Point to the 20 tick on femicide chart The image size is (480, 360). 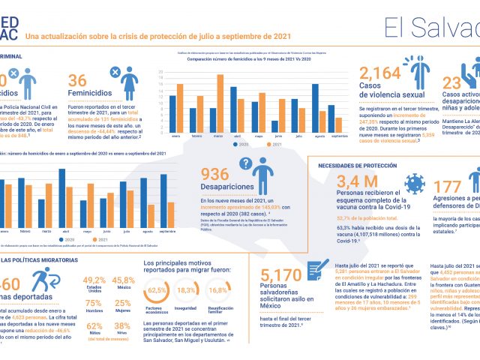pos(161,73)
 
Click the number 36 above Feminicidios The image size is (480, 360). pos(78,80)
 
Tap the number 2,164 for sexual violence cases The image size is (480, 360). pos(380,73)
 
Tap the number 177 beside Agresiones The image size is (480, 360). pos(448,187)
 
